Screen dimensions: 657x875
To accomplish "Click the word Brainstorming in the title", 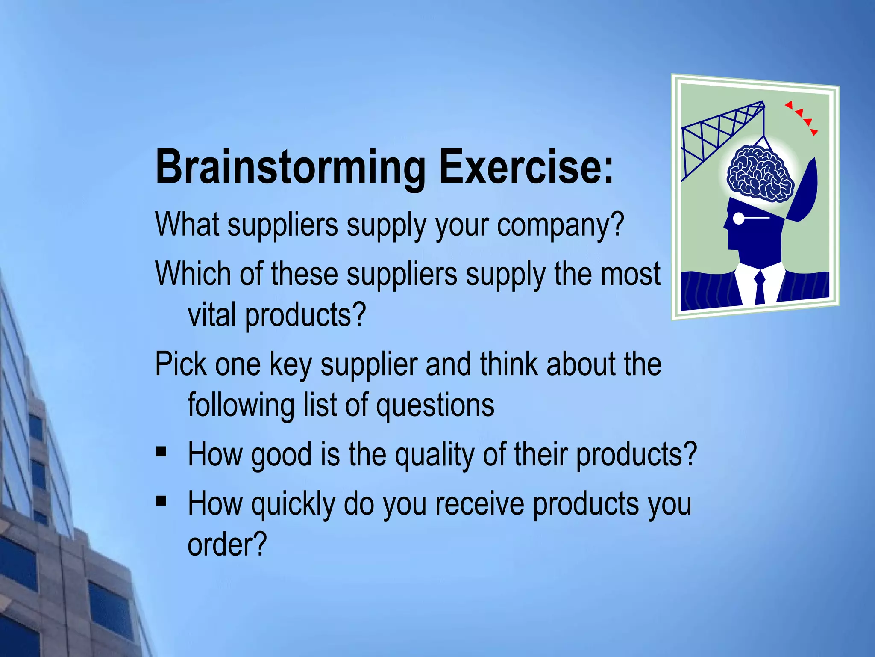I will point(291,168).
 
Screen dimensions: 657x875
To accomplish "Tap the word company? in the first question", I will point(561,225).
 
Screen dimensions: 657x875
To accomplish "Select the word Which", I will point(193,274).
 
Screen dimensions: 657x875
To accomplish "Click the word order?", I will point(227,545).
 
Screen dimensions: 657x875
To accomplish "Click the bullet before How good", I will point(161,452).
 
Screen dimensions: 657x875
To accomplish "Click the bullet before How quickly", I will point(161,501).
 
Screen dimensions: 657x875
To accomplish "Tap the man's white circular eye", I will point(738,219).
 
